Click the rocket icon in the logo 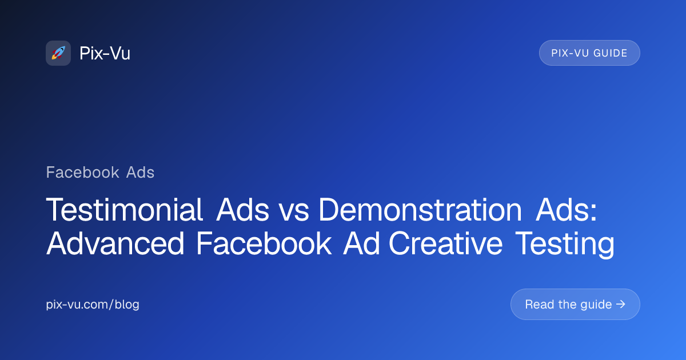pyautogui.click(x=58, y=53)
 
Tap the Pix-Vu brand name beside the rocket pyautogui.click(x=105, y=53)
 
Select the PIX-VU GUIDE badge pyautogui.click(x=589, y=53)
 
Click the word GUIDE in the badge pyautogui.click(x=611, y=53)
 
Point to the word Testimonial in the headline pyautogui.click(x=124, y=210)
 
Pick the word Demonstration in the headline pyautogui.click(x=420, y=210)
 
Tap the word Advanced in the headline pyautogui.click(x=115, y=243)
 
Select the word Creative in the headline pyautogui.click(x=445, y=243)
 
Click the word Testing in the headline pyautogui.click(x=565, y=245)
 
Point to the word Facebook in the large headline pyautogui.click(x=264, y=243)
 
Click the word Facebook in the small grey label pyautogui.click(x=83, y=173)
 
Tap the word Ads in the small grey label pyautogui.click(x=140, y=173)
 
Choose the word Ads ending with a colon pyautogui.click(x=567, y=210)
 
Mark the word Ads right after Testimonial pyautogui.click(x=242, y=210)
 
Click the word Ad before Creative pyautogui.click(x=361, y=243)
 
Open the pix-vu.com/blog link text pyautogui.click(x=93, y=305)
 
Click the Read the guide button pyautogui.click(x=575, y=304)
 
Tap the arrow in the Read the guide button pyautogui.click(x=621, y=304)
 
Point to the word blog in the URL pyautogui.click(x=127, y=305)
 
